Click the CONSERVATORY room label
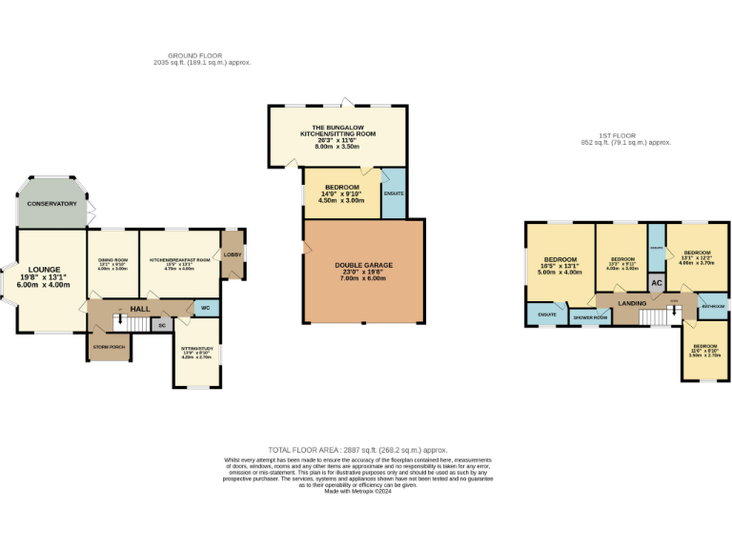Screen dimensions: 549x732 [x=51, y=204]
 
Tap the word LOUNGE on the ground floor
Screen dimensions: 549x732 [x=43, y=270]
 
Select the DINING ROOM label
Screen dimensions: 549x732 [x=113, y=260]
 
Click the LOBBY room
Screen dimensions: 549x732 [x=233, y=254]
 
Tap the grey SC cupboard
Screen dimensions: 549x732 [x=161, y=326]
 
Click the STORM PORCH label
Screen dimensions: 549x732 [x=110, y=347]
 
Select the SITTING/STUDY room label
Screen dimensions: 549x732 [x=196, y=349]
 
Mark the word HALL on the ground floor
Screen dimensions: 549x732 [x=140, y=309]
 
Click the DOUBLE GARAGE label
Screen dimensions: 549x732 [x=363, y=265]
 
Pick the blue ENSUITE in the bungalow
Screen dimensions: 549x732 [x=394, y=193]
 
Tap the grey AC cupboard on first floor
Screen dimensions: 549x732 [x=657, y=284]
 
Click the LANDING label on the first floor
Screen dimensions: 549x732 [x=632, y=303]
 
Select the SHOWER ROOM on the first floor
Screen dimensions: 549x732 [x=590, y=317]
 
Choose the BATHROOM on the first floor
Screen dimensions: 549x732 [x=713, y=307]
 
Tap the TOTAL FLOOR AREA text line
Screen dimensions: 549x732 [x=357, y=449]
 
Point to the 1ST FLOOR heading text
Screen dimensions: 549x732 [x=626, y=135]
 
